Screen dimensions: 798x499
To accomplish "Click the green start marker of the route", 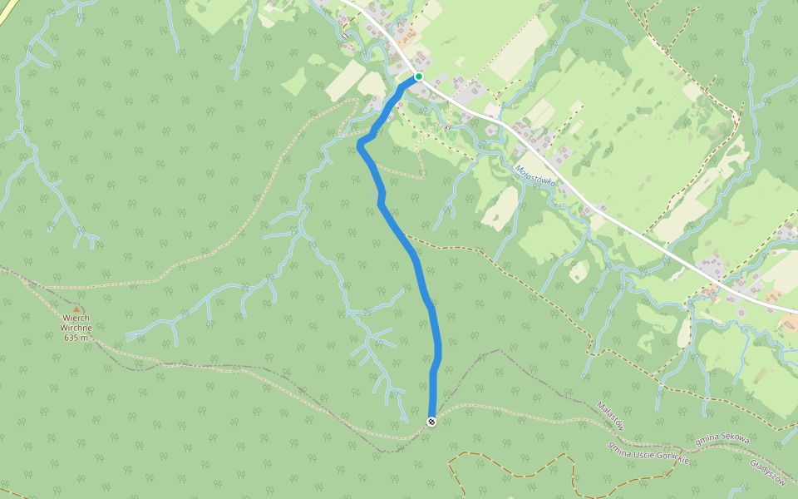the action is pyautogui.click(x=419, y=77).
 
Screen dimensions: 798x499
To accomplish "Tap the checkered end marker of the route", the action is pyautogui.click(x=431, y=422).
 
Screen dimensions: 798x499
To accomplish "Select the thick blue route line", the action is pyautogui.click(x=417, y=266).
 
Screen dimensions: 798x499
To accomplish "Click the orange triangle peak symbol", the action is pyautogui.click(x=76, y=309).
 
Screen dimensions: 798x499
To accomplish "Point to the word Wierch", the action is pyautogui.click(x=76, y=318).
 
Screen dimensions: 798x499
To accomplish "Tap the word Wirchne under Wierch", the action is pyautogui.click(x=76, y=328).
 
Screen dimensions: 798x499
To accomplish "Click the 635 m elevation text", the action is pyautogui.click(x=76, y=338).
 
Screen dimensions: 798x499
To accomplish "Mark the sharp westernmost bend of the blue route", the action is pyautogui.click(x=360, y=146).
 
